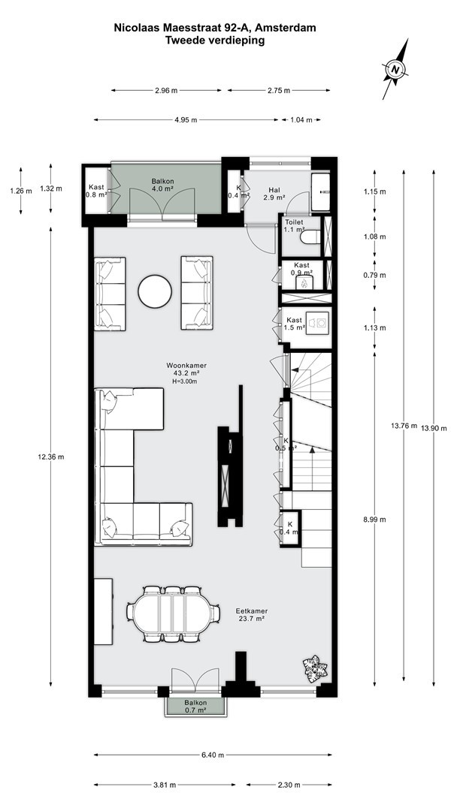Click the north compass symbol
click(x=395, y=69)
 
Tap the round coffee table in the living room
click(x=155, y=292)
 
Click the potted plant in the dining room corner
click(x=314, y=668)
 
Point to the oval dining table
click(x=172, y=614)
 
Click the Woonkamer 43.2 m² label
click(x=183, y=369)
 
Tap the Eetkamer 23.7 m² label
click(x=251, y=614)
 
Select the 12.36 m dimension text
click(x=50, y=457)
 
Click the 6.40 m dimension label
click(x=213, y=755)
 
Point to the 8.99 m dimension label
click(x=374, y=520)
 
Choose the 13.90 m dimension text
click(x=433, y=428)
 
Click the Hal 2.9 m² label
click(x=274, y=194)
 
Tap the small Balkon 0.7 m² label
click(x=195, y=707)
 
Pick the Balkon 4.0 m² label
click(x=162, y=185)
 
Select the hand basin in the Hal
click(x=320, y=192)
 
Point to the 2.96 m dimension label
click(x=166, y=91)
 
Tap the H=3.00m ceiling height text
click(x=185, y=381)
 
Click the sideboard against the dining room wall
click(x=104, y=611)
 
